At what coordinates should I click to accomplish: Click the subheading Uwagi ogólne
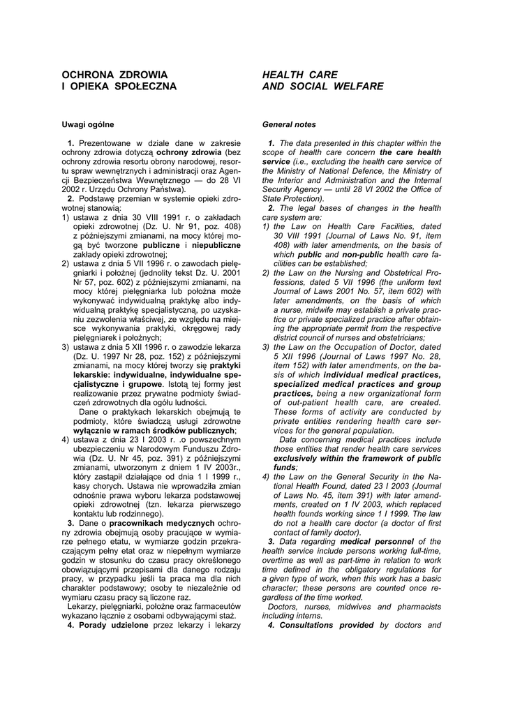(88, 125)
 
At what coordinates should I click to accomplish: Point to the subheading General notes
(289, 125)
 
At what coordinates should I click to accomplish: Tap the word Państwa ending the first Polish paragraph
(166, 189)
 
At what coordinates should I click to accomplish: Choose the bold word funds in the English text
(285, 466)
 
